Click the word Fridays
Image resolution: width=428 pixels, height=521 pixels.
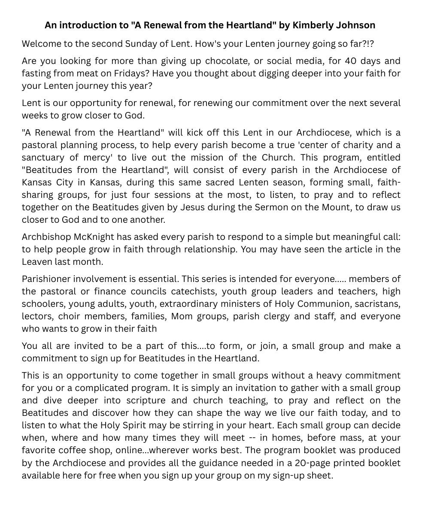133,73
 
